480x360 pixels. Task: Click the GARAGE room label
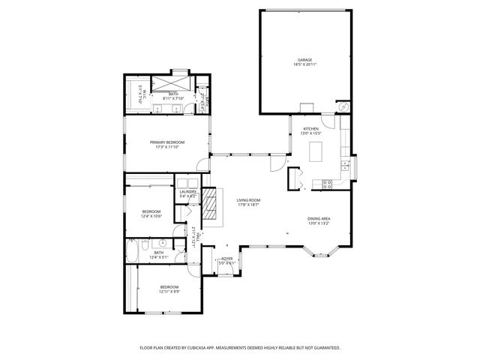click(x=304, y=59)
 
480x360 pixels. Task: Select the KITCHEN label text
click(x=310, y=129)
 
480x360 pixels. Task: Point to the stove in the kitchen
click(x=327, y=183)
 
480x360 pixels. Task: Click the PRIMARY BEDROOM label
click(x=166, y=142)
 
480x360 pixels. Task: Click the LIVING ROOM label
click(x=248, y=199)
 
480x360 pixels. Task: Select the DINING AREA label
click(x=319, y=218)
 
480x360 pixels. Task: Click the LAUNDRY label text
click(x=187, y=191)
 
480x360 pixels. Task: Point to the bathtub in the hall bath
click(x=133, y=251)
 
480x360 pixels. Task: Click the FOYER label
click(x=226, y=258)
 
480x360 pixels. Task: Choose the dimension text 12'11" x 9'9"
click(x=169, y=292)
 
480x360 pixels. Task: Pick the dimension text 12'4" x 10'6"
click(x=151, y=217)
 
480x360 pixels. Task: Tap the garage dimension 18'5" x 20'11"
click(x=304, y=64)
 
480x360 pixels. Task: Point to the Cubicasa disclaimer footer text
click(x=240, y=348)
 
